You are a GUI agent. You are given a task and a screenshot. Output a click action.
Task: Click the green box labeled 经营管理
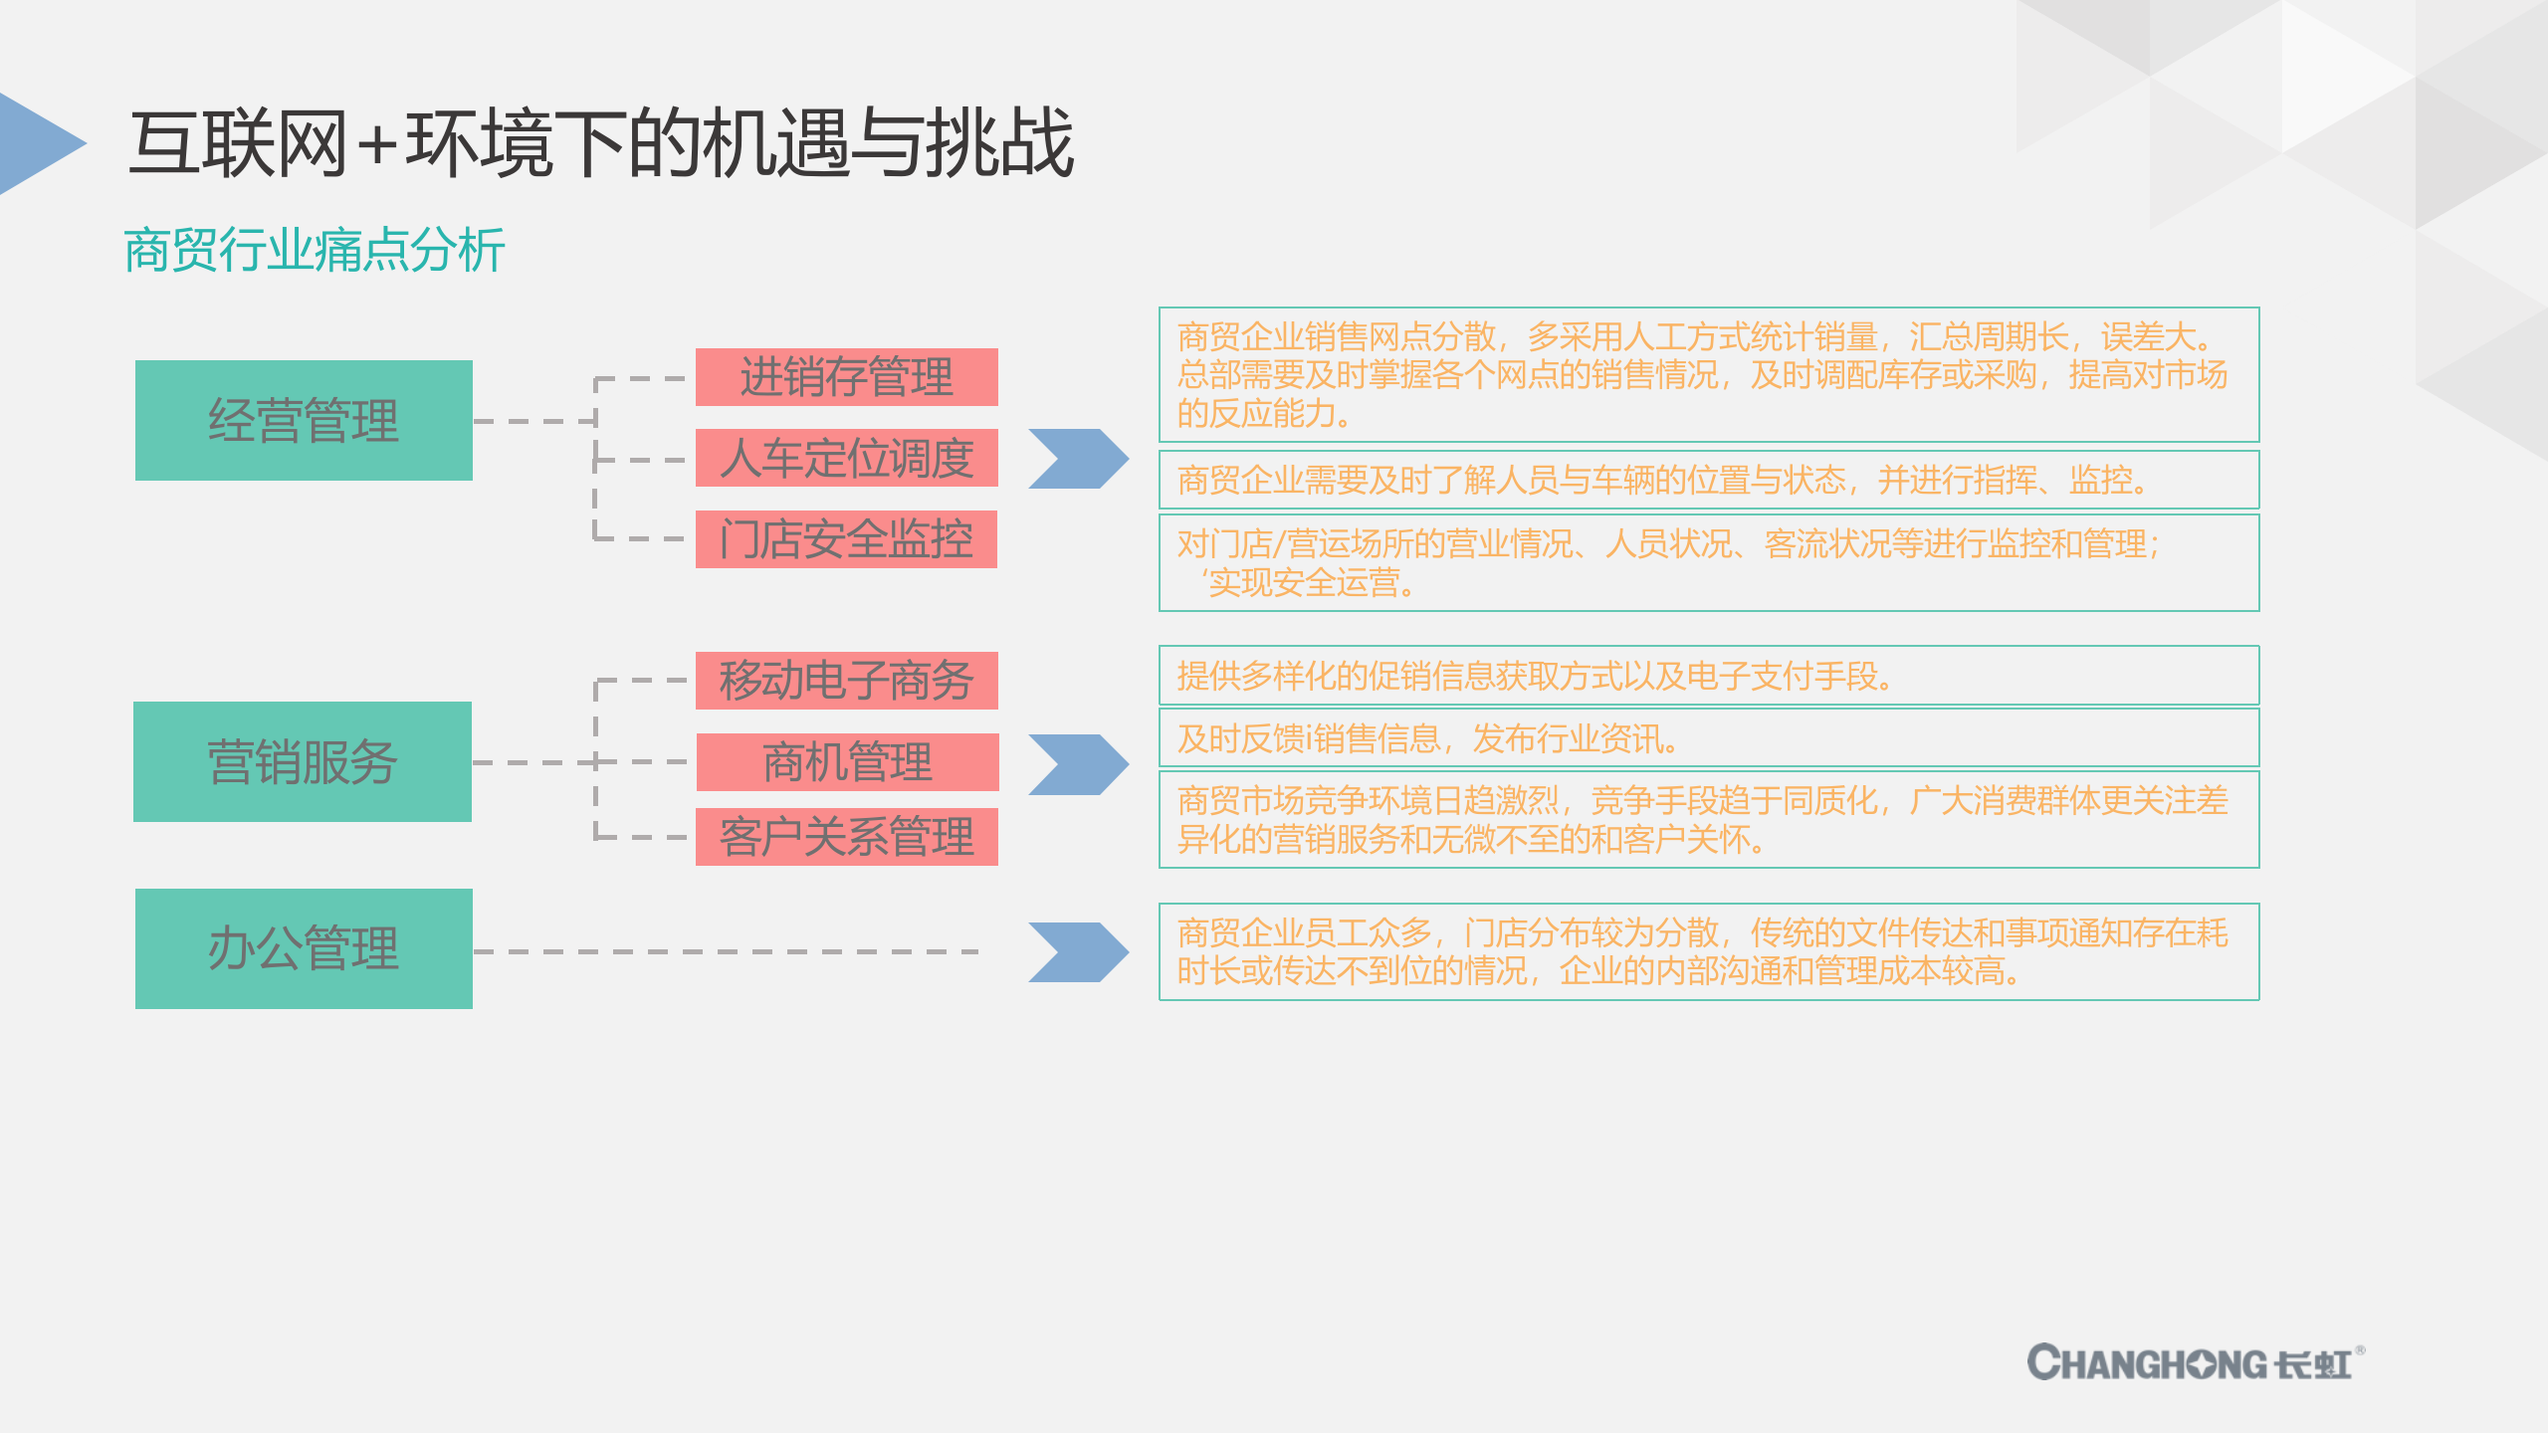(x=304, y=420)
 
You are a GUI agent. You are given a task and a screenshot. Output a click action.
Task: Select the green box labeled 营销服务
(x=303, y=761)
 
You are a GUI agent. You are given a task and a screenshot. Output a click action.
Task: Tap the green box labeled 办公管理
(x=304, y=948)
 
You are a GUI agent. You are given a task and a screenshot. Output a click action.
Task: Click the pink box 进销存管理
(x=846, y=377)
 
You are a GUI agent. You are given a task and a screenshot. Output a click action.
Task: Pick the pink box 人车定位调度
(x=846, y=458)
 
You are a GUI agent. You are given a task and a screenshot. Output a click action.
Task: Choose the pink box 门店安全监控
(x=846, y=539)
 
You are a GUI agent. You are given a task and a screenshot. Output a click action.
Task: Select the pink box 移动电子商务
(x=846, y=681)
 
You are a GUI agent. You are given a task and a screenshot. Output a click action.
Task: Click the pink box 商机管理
(x=847, y=762)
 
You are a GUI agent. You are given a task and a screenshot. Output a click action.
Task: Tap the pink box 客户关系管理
(x=846, y=837)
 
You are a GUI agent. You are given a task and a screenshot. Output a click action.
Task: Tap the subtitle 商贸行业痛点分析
(x=315, y=250)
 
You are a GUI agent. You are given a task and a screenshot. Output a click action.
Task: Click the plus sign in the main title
(x=377, y=145)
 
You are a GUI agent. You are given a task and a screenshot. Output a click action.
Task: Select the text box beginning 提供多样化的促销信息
(x=1708, y=676)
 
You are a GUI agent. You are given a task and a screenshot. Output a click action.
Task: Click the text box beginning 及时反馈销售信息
(x=1708, y=738)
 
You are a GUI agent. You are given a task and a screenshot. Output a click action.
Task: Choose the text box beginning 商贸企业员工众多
(x=1708, y=951)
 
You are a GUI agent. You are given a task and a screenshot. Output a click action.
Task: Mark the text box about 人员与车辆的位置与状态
(x=1708, y=480)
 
